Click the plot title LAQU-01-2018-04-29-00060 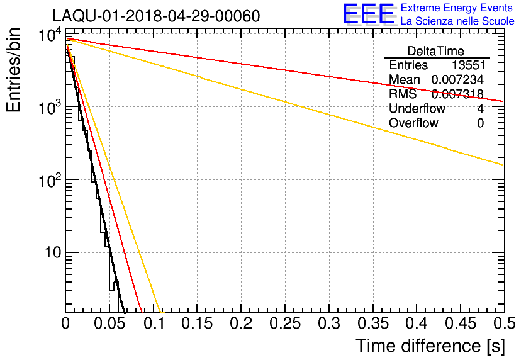click(155, 16)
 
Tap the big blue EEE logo click(369, 14)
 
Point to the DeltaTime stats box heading click(436, 51)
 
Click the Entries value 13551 click(467, 65)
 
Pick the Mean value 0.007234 click(457, 80)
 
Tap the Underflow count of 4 click(480, 108)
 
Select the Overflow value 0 click(480, 123)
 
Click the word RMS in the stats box click(403, 94)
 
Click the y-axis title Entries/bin click(14, 70)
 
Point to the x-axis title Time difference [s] click(430, 346)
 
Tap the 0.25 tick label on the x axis click(285, 324)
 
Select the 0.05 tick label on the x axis click(109, 324)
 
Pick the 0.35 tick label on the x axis click(373, 324)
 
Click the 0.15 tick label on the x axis click(198, 324)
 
